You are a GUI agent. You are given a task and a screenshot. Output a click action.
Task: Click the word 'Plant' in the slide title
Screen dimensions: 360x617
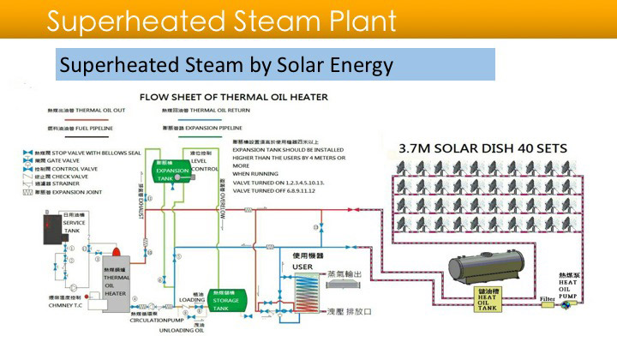[x=350, y=20]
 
